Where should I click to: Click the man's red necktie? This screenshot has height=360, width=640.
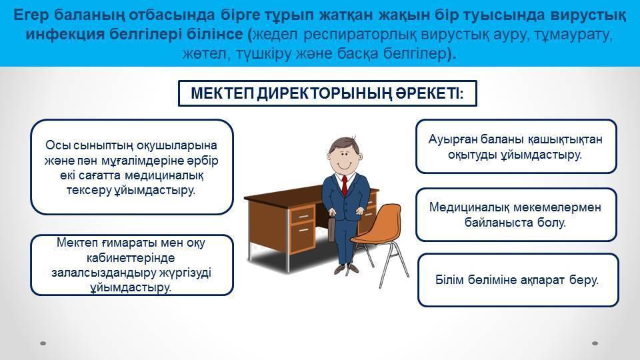[x=345, y=186]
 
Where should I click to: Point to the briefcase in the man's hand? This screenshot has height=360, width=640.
[x=332, y=229]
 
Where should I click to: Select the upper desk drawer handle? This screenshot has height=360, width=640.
[x=303, y=216]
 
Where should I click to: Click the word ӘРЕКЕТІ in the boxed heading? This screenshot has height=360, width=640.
[x=429, y=93]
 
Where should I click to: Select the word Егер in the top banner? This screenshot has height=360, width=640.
[x=31, y=15]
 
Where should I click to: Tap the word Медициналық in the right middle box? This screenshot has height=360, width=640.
[x=469, y=207]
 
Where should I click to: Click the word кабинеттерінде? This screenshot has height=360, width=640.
[x=131, y=257]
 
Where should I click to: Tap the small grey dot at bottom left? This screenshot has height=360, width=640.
[x=43, y=343]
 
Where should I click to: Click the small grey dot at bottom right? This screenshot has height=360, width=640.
[x=595, y=343]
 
